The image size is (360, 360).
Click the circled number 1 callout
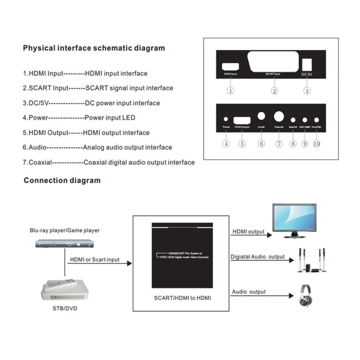tap(230, 91)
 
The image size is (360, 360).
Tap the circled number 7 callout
tap(279, 144)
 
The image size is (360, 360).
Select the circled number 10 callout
tap(316, 144)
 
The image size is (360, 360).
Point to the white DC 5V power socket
tap(306, 64)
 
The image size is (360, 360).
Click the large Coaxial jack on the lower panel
tap(279, 116)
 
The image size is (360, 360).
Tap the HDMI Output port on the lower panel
tap(242, 120)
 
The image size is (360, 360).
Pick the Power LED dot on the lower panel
tap(226, 119)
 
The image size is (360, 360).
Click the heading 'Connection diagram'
tap(62, 180)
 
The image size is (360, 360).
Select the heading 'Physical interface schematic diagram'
tap(94, 48)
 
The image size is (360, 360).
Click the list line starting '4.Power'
tap(79, 118)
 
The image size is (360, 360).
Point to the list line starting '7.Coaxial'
tap(109, 162)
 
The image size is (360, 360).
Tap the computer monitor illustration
tap(294, 221)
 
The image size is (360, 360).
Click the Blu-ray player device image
tap(64, 244)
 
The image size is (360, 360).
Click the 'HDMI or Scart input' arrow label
tap(95, 260)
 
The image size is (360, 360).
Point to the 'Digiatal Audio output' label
tap(258, 257)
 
